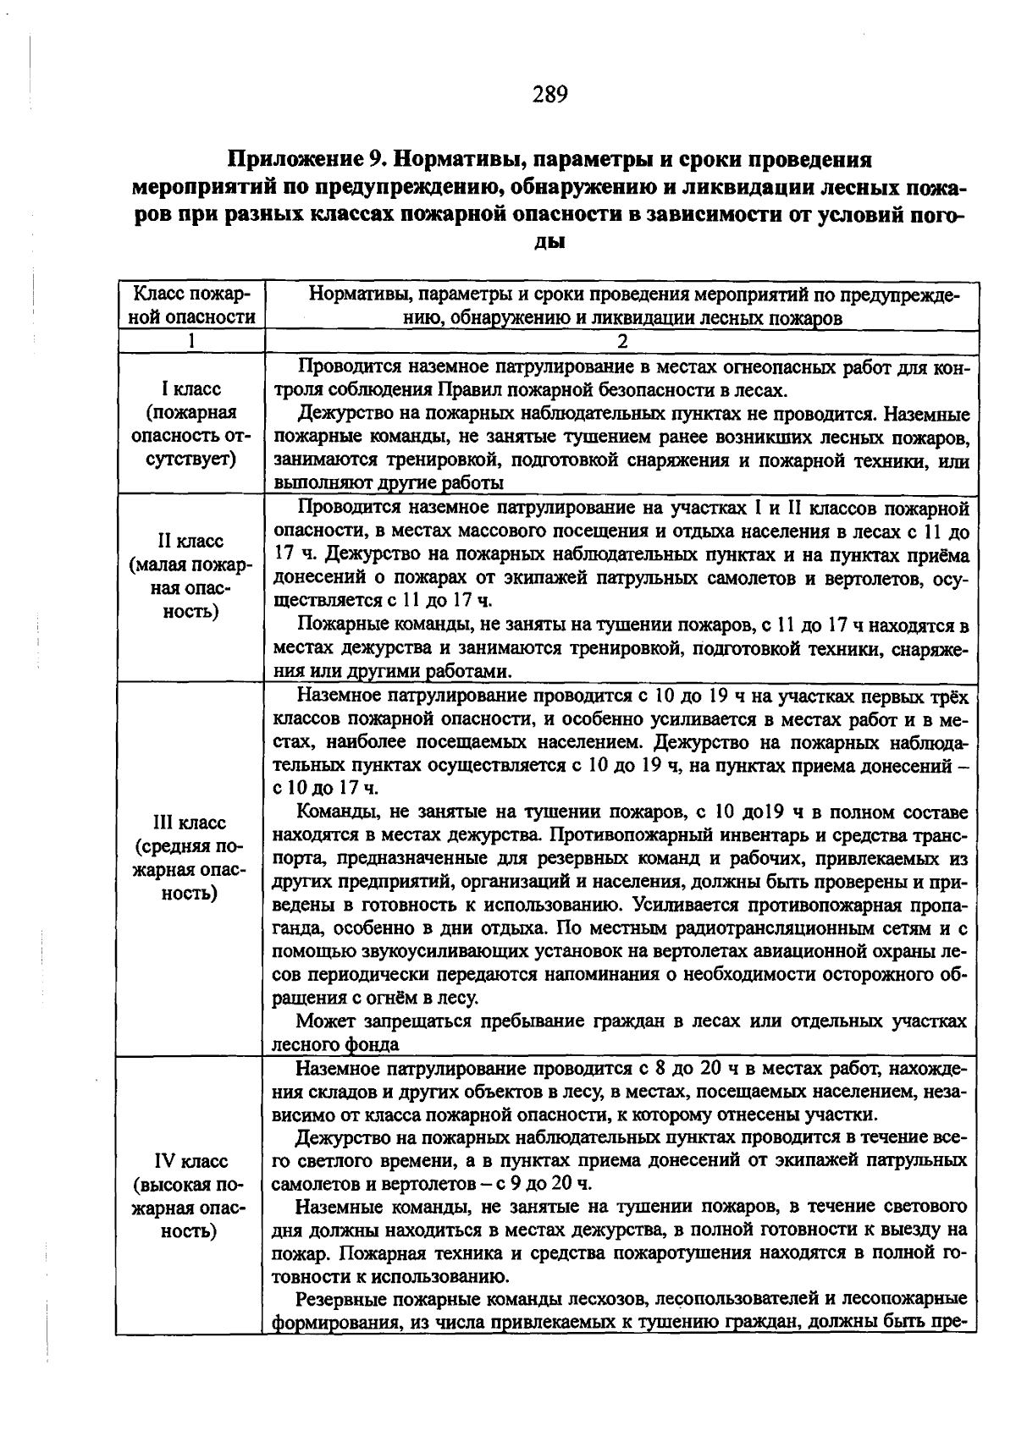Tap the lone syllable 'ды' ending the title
[x=549, y=241]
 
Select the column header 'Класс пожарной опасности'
[x=191, y=305]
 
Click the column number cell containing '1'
[x=191, y=341]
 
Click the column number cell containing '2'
[x=621, y=341]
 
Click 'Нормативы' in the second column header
[x=352, y=295]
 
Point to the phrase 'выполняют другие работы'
[x=389, y=483]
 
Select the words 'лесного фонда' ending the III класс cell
[x=335, y=1045]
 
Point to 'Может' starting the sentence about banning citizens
[x=323, y=1021]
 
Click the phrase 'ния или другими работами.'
[x=392, y=671]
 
